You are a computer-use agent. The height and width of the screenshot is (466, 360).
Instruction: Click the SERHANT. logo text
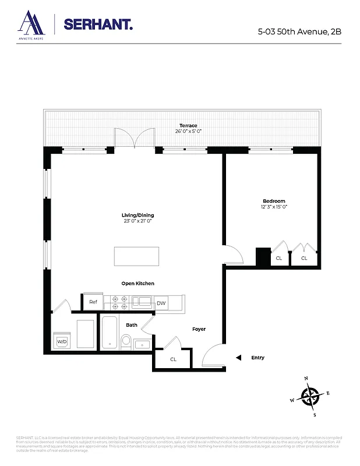click(98, 24)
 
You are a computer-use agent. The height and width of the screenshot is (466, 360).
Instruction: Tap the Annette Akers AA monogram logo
click(31, 23)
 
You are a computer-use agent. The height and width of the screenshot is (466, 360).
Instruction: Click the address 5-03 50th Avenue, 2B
click(299, 31)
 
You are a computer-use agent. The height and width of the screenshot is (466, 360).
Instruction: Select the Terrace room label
click(188, 125)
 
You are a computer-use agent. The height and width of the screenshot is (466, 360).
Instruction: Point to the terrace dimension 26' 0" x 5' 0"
click(188, 131)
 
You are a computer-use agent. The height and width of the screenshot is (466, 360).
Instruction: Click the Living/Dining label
click(137, 215)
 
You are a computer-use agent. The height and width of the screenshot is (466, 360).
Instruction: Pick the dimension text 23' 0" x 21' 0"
click(137, 221)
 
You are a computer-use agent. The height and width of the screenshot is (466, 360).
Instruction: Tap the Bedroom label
click(274, 201)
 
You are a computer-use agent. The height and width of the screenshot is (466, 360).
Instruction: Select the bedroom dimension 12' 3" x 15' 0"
click(274, 207)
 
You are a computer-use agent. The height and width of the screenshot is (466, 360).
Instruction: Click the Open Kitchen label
click(137, 283)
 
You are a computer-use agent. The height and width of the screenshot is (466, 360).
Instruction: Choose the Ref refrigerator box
click(93, 302)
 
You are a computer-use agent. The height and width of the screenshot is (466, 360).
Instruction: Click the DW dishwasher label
click(161, 303)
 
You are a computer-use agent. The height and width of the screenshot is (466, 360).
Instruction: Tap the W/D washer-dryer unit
click(61, 341)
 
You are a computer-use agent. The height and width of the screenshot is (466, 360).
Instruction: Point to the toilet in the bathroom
click(126, 340)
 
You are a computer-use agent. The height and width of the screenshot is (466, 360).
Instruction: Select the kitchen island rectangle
click(136, 256)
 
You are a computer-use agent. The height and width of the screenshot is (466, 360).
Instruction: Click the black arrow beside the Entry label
click(237, 358)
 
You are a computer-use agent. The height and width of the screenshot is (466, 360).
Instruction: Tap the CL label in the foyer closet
click(173, 359)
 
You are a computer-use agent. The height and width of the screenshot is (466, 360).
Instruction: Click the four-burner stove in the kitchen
click(119, 302)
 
